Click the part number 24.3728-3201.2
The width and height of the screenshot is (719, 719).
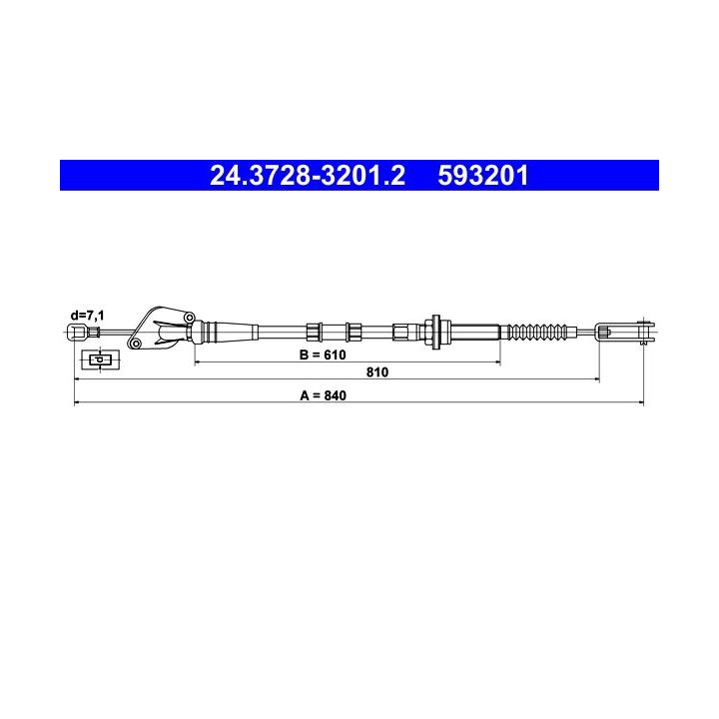click(x=308, y=176)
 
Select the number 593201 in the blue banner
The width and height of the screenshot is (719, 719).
click(x=482, y=176)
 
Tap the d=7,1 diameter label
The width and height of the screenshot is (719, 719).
click(x=87, y=316)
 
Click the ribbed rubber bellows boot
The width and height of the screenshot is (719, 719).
click(x=540, y=331)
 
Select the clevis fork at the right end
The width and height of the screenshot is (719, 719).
click(x=626, y=331)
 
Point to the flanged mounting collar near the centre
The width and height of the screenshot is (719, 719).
click(x=436, y=331)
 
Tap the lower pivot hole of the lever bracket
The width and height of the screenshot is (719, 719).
click(x=135, y=345)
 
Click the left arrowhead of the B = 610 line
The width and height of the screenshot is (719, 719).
click(x=198, y=363)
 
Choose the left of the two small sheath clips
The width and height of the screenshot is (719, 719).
click(x=315, y=331)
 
